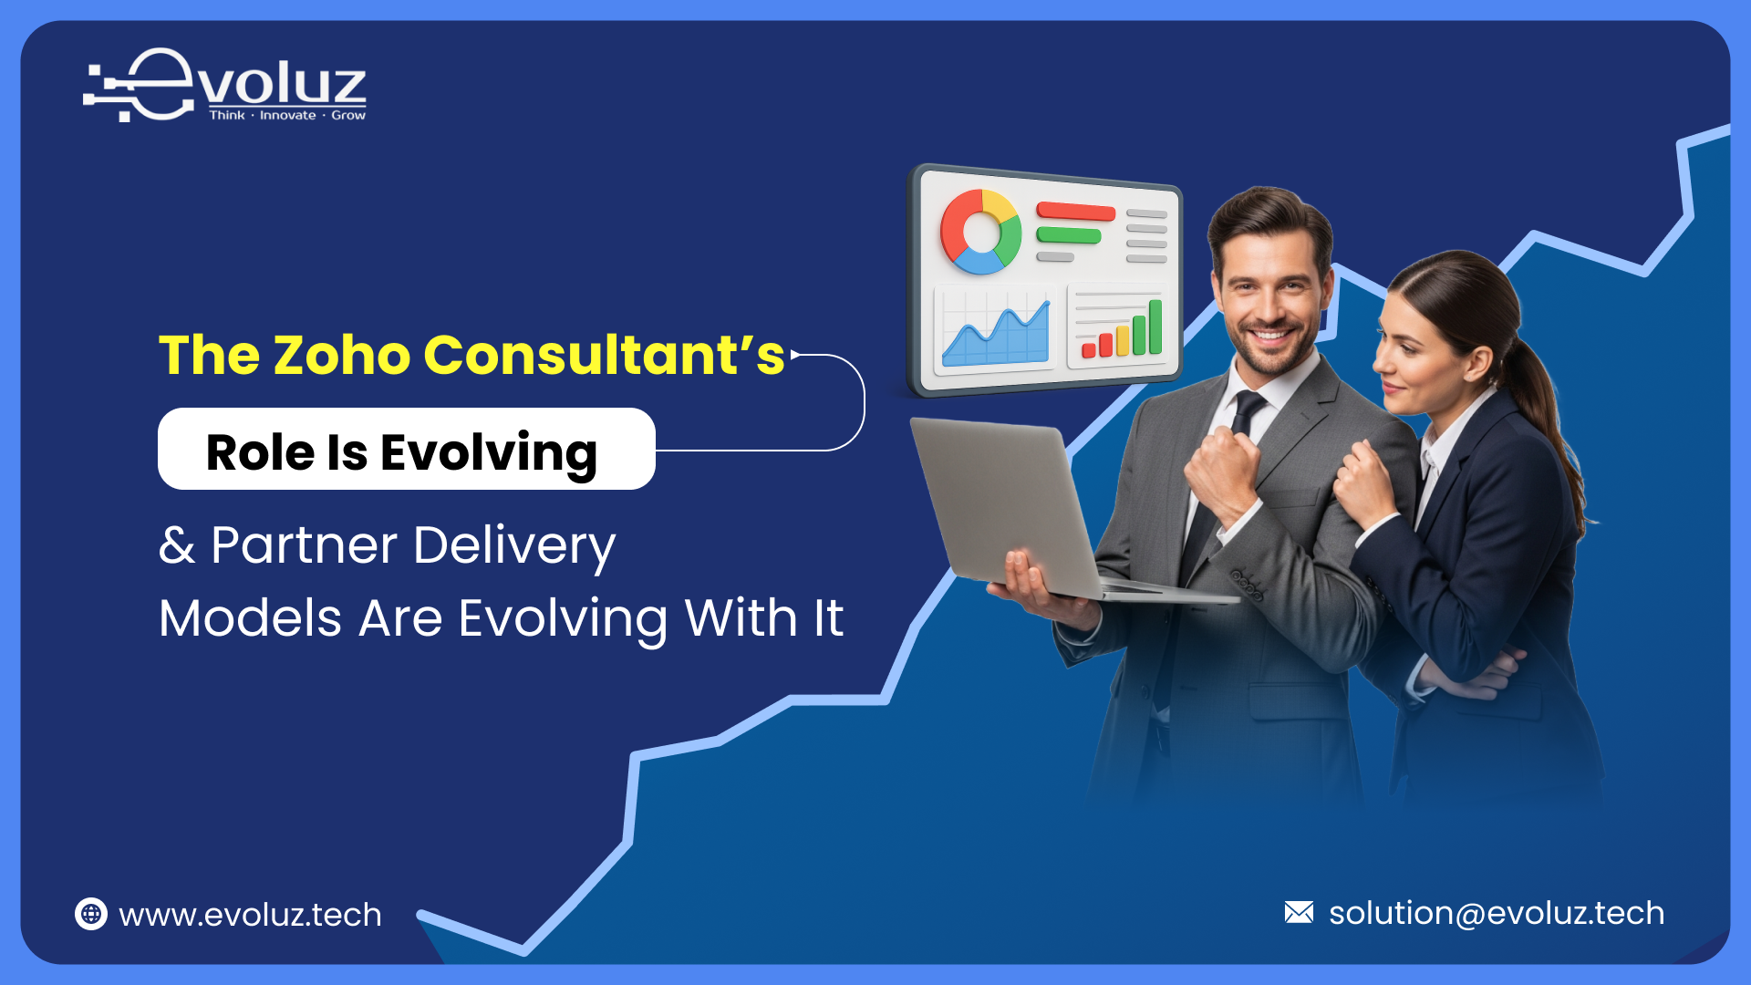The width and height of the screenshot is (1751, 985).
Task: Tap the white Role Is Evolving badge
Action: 406,450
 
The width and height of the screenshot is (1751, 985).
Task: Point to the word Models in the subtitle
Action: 250,618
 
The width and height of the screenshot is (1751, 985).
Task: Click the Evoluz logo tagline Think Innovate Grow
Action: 287,116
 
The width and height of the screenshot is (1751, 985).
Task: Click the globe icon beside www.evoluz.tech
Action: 91,914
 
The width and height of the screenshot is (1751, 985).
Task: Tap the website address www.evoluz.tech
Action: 250,915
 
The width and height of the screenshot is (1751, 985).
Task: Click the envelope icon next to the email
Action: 1299,912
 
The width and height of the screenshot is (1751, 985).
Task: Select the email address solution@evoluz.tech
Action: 1496,913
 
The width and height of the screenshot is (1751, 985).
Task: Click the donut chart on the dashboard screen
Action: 980,232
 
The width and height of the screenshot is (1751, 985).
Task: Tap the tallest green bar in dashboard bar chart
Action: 1155,326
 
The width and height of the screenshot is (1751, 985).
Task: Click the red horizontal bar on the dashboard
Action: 1076,212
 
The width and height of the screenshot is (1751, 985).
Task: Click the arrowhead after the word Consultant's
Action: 795,355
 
